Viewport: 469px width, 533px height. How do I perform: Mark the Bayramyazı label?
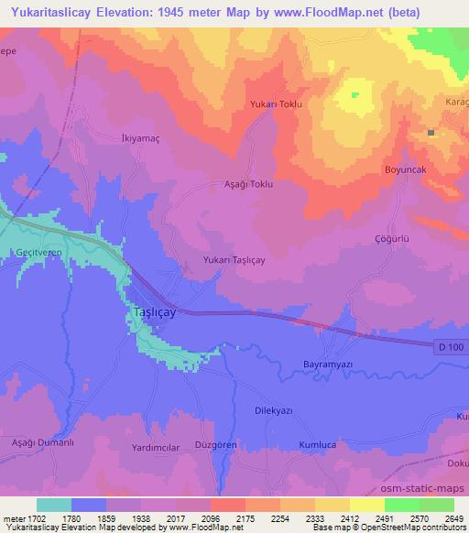pos(328,364)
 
